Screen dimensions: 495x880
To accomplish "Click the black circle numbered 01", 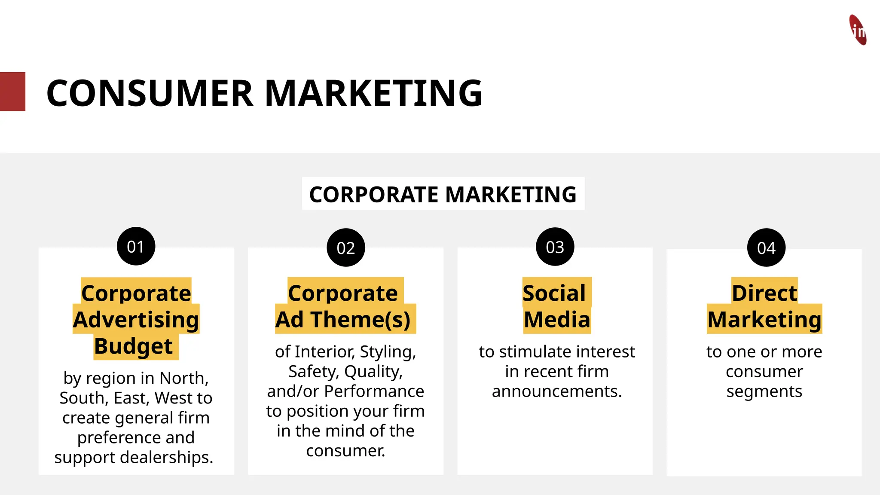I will [x=136, y=246].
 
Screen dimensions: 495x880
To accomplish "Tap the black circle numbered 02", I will [x=345, y=247].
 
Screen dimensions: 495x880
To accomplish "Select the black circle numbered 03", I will [x=555, y=247].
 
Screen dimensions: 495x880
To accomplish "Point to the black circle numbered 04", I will [x=766, y=247].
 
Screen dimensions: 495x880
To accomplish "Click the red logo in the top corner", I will [x=858, y=30].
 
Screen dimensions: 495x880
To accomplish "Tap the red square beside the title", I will [x=12, y=92].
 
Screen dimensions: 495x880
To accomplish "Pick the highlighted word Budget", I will [x=133, y=346].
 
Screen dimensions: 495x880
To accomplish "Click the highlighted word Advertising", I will [x=136, y=320].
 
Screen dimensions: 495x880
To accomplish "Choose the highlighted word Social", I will [x=554, y=293].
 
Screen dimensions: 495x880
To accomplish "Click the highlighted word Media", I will [x=557, y=320].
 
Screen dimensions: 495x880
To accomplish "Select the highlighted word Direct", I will [x=764, y=293].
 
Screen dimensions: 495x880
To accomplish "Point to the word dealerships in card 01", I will [x=166, y=457].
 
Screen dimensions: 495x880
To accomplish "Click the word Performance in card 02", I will [x=374, y=391].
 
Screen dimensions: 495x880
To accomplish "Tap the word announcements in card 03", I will [x=556, y=391].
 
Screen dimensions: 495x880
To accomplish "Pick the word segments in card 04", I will [x=764, y=392].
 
